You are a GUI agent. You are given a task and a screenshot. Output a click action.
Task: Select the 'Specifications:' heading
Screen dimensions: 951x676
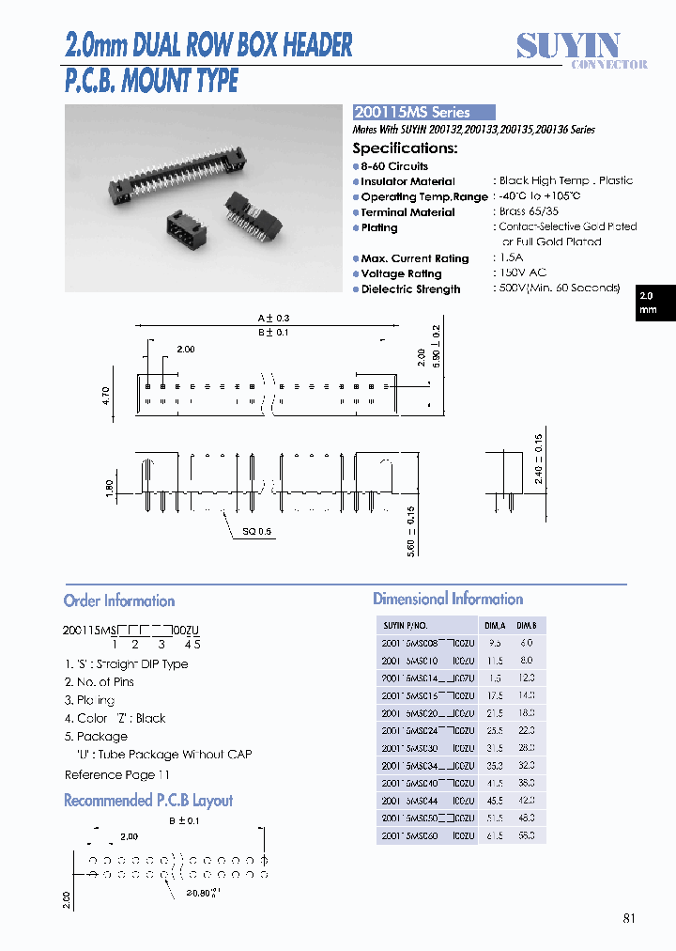[405, 148]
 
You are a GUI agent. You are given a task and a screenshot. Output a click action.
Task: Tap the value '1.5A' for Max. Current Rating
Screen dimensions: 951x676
[512, 257]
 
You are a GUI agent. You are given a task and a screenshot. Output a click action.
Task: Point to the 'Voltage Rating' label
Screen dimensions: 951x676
[401, 273]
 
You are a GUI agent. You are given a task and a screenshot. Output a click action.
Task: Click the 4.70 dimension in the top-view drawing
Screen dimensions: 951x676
[106, 396]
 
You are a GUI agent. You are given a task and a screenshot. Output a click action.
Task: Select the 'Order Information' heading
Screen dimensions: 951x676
[119, 601]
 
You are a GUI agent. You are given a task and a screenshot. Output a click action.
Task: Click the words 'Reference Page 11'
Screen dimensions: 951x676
[117, 774]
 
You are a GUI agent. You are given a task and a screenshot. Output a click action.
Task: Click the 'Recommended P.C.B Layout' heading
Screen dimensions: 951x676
[148, 801]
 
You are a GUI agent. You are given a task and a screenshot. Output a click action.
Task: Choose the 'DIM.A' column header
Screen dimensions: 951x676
[494, 625]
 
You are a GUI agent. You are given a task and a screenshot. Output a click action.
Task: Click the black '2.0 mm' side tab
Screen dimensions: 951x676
[648, 303]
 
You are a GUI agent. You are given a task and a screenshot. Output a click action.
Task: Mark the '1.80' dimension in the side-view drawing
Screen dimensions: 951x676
[110, 489]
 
